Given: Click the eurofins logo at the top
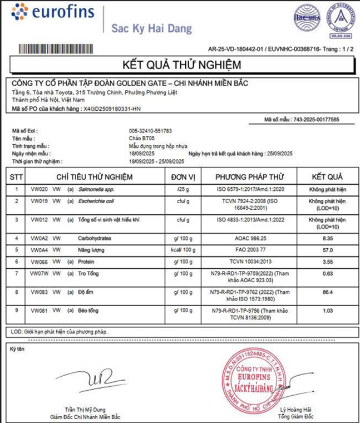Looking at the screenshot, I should (53, 12).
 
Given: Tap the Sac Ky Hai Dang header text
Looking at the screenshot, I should (151, 28).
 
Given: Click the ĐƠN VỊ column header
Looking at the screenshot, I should (183, 177).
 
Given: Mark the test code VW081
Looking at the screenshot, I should (39, 309).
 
